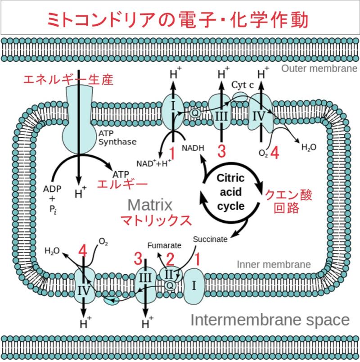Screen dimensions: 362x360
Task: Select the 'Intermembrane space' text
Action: click(270, 320)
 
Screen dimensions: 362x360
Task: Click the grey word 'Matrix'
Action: click(150, 205)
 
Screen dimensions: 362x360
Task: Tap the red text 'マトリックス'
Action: click(153, 221)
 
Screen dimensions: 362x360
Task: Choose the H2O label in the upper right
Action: click(308, 147)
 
